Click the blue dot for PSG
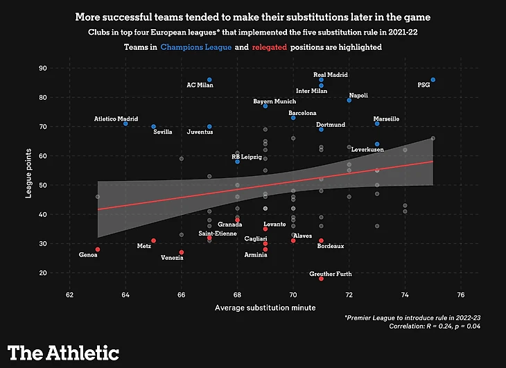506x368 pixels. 433,80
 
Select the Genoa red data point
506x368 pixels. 98,249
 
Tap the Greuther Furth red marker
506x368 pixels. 321,279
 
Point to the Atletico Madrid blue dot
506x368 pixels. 125,123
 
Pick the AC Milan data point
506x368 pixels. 209,80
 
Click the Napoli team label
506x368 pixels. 358,96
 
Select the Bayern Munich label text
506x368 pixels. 274,101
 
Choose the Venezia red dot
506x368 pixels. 182,252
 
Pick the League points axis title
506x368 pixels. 29,170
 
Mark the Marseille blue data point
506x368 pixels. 377,123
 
